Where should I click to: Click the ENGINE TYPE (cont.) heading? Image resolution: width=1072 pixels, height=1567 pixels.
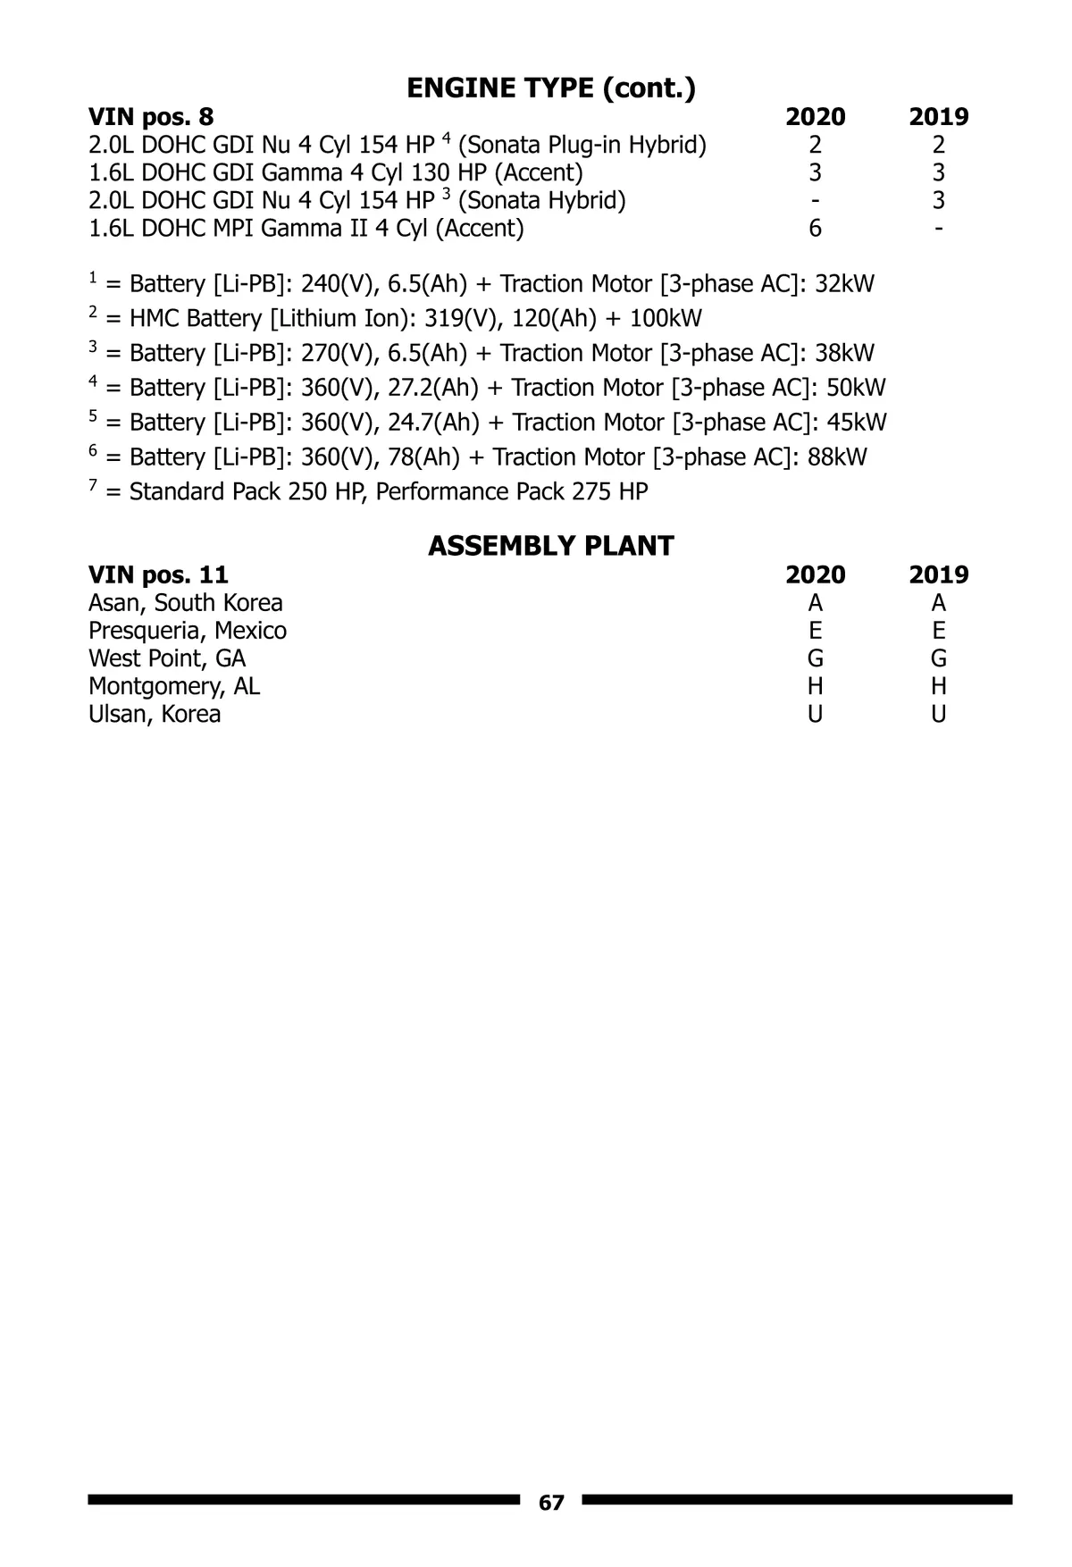[x=551, y=88]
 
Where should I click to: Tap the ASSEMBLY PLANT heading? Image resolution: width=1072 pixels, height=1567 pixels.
[x=551, y=545]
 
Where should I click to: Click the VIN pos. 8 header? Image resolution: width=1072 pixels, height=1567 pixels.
[x=151, y=116]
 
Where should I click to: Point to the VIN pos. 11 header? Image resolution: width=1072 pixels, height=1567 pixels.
[x=158, y=574]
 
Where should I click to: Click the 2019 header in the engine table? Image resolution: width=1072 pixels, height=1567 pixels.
[x=938, y=116]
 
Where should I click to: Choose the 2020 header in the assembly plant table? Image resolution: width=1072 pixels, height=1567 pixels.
[x=815, y=574]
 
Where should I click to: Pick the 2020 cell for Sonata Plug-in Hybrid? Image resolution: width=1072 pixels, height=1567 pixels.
[x=815, y=145]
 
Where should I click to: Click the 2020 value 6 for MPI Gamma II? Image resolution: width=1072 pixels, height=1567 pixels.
[x=815, y=228]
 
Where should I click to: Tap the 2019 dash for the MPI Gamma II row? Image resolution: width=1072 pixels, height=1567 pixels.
[x=938, y=228]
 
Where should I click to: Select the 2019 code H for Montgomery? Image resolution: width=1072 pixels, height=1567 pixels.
[x=938, y=686]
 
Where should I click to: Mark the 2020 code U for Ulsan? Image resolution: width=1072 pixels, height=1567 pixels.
[x=815, y=714]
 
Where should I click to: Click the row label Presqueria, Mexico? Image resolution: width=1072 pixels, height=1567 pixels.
[x=188, y=631]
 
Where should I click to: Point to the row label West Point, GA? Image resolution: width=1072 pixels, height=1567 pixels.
[x=167, y=658]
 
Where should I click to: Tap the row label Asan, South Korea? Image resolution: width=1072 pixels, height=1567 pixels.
[x=186, y=603]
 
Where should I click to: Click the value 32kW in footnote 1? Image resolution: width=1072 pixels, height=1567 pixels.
[x=844, y=284]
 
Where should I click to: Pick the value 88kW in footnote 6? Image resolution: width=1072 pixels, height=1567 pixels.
[x=837, y=457]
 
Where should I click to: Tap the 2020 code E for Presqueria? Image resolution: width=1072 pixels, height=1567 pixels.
[x=815, y=631]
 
